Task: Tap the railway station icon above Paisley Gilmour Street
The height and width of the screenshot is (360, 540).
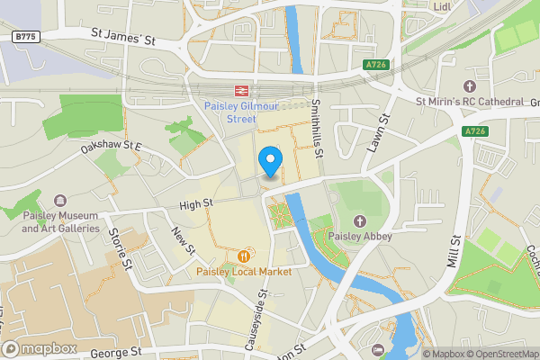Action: point(240,90)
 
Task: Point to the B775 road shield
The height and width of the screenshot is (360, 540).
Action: point(26,36)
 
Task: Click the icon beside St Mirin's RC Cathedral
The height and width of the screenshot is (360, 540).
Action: point(404,102)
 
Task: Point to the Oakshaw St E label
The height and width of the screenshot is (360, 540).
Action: point(112,146)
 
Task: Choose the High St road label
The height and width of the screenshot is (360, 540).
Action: point(193,205)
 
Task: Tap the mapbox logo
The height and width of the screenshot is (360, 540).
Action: point(39,348)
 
